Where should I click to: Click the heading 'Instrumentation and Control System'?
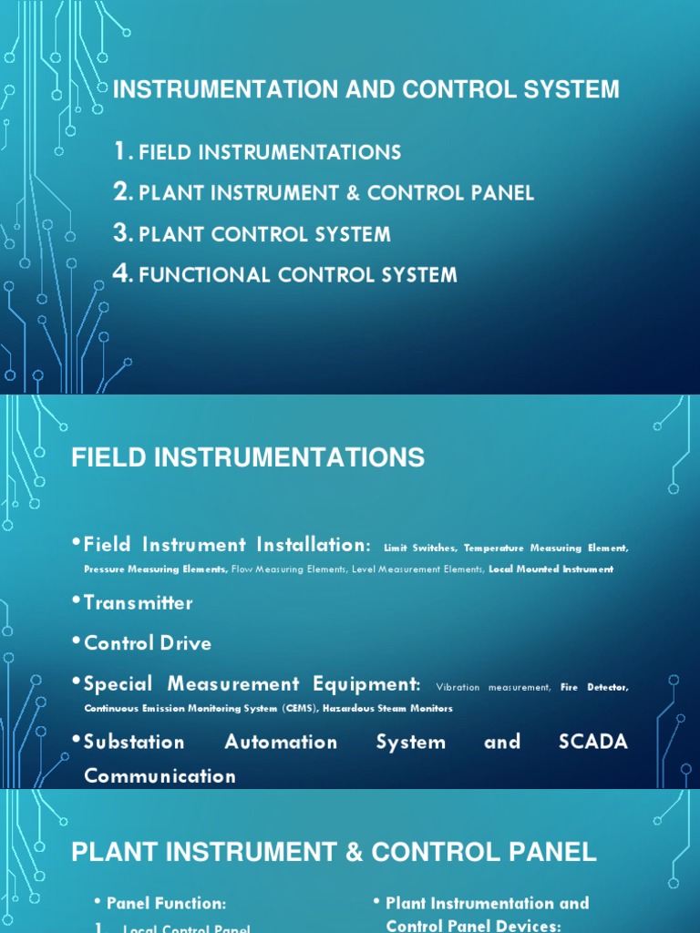(x=365, y=89)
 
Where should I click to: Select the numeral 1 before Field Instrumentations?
(x=119, y=151)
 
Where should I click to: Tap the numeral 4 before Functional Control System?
(x=122, y=273)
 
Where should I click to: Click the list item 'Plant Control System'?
(x=264, y=234)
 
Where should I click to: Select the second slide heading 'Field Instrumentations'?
(x=248, y=457)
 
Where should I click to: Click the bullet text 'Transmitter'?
(x=139, y=603)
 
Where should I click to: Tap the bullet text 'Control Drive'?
(x=148, y=643)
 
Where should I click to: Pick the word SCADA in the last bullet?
(x=592, y=742)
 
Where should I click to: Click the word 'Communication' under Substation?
(x=160, y=776)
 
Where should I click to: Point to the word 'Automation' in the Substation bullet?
(x=281, y=742)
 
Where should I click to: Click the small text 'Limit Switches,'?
(x=421, y=548)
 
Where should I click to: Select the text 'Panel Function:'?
(x=166, y=904)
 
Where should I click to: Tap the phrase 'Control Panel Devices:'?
(x=473, y=926)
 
